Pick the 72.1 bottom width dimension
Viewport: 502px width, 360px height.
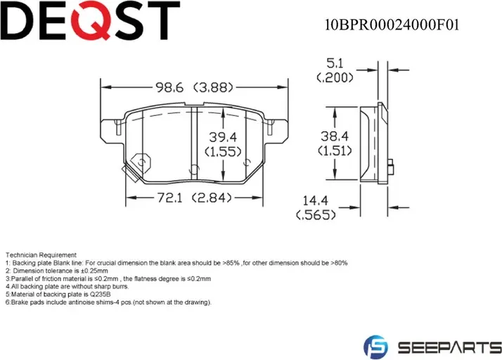click(x=169, y=198)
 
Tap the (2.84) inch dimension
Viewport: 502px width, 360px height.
click(x=211, y=198)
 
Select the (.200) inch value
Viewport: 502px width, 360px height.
click(x=335, y=78)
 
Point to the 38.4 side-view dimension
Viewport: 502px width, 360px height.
click(x=335, y=136)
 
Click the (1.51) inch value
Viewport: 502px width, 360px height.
click(x=335, y=150)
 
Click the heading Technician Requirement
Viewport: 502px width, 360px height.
click(x=41, y=255)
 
